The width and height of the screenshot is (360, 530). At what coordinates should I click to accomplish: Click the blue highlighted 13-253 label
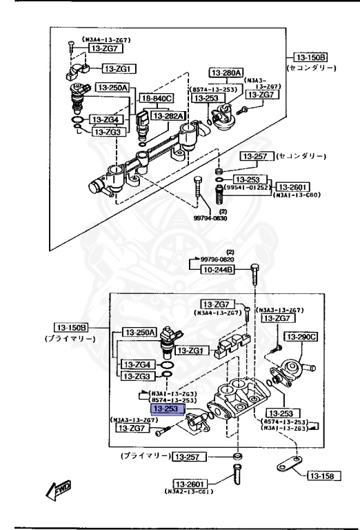[x=166, y=409]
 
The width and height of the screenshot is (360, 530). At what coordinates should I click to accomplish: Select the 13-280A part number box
[x=227, y=72]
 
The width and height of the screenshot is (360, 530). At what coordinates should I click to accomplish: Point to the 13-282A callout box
[x=168, y=116]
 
